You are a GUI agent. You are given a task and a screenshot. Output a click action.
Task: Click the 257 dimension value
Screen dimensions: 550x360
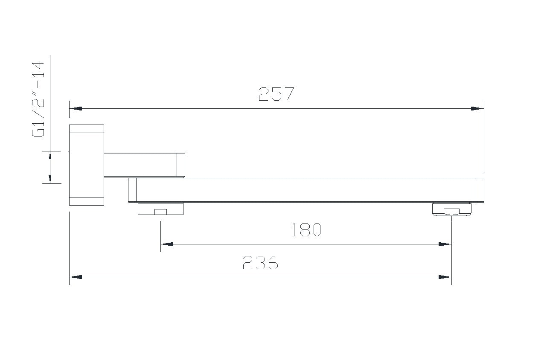(276, 94)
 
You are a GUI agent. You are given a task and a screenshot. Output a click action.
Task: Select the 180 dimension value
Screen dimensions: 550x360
(306, 230)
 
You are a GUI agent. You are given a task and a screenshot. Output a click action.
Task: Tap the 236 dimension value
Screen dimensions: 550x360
(261, 262)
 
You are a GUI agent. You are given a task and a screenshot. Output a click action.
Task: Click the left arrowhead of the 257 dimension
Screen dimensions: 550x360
(76, 108)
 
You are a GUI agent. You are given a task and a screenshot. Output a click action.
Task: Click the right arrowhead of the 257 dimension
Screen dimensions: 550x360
(477, 108)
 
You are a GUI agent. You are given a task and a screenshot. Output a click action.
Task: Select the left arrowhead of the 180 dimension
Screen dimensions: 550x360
(167, 244)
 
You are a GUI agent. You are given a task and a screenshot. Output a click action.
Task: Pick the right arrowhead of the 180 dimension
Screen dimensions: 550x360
(445, 244)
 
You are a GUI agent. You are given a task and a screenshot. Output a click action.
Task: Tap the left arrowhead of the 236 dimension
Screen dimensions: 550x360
(76, 277)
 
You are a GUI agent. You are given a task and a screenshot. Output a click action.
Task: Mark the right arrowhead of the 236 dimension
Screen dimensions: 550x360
(445, 277)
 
